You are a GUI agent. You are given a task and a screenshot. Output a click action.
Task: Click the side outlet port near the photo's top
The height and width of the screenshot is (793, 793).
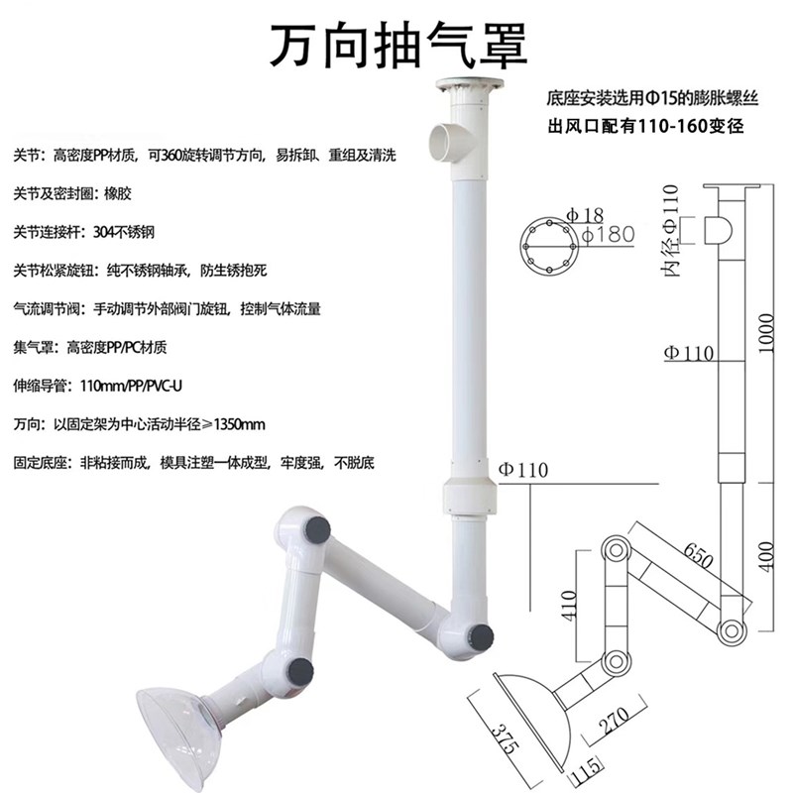(444, 140)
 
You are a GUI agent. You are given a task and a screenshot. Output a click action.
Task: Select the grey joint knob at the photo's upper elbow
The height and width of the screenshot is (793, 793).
(318, 528)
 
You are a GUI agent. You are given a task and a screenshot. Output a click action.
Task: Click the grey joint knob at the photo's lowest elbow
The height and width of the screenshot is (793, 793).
(482, 634)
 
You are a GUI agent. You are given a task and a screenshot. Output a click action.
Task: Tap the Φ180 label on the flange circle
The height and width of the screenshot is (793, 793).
(605, 236)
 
